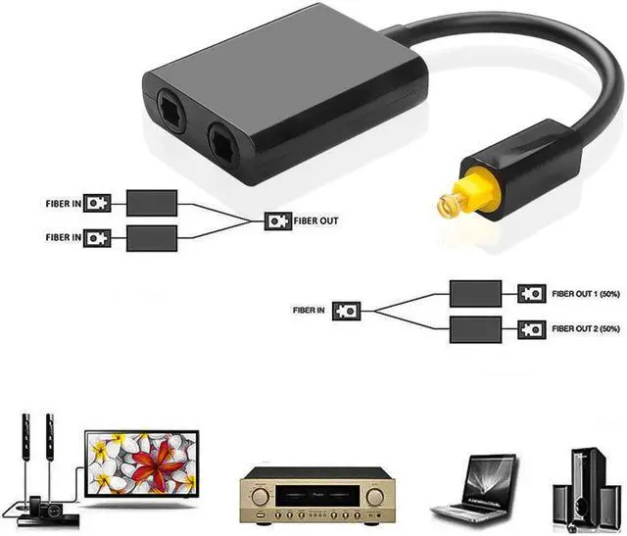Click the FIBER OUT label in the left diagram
pos(315,220)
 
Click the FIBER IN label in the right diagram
pos(309,310)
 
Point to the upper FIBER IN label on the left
pos(63,203)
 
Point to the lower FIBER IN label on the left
pos(63,236)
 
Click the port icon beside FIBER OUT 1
pos(531,293)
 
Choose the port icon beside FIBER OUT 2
pos(531,328)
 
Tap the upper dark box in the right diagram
pos(475,293)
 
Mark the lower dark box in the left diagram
pos(152,236)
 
